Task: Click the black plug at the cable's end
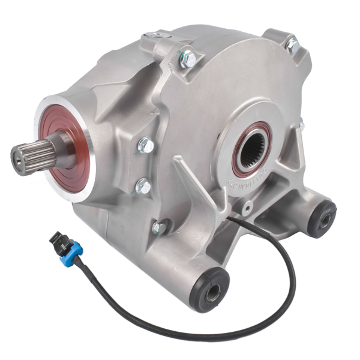[56, 240]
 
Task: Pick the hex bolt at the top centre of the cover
[188, 58]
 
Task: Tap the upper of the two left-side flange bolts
[146, 145]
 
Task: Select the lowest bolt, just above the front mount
[158, 227]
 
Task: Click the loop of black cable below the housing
[198, 333]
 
